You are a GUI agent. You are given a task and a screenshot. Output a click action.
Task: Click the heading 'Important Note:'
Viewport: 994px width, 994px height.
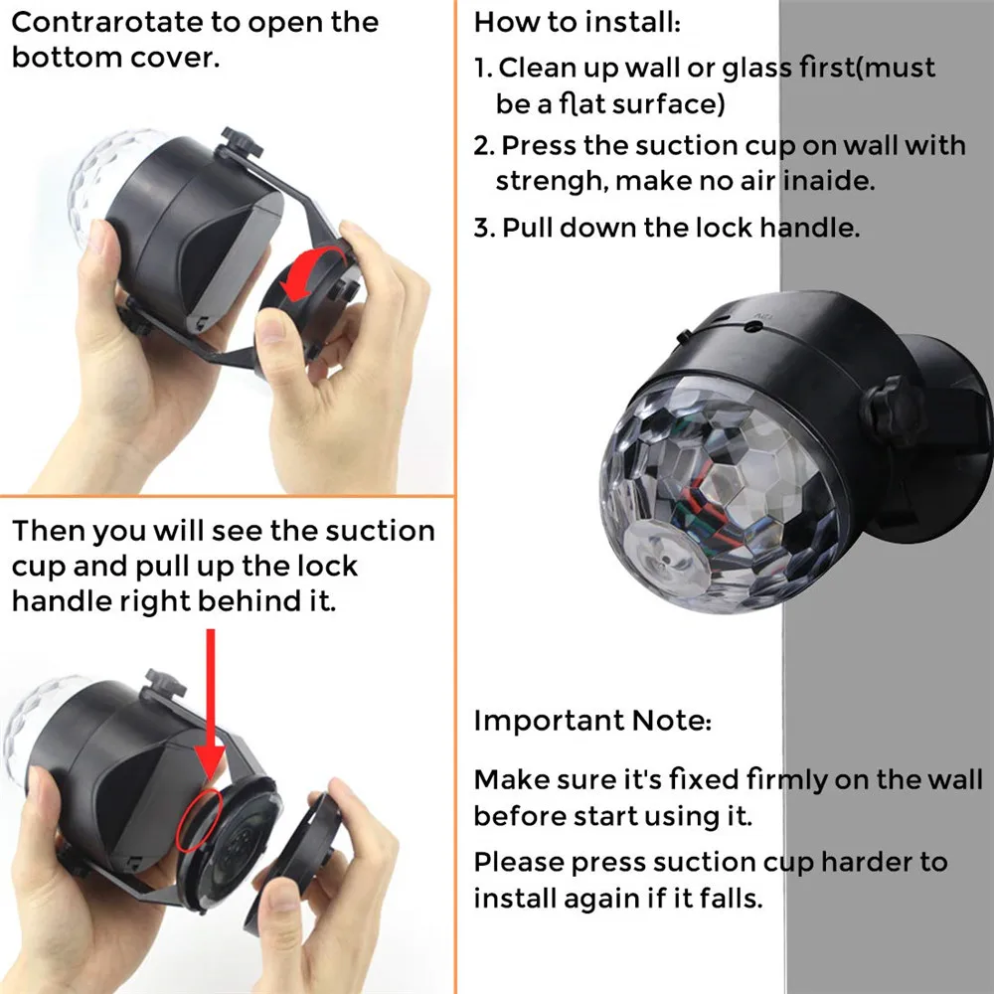[x=592, y=721]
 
